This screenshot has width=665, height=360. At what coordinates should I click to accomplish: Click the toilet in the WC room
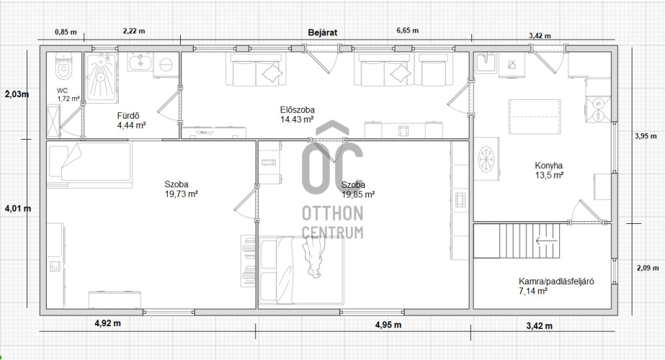64,66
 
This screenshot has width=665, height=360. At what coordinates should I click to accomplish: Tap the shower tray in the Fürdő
101,78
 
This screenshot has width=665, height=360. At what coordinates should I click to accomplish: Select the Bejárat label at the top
323,32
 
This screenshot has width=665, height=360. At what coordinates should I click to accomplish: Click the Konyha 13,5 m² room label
549,171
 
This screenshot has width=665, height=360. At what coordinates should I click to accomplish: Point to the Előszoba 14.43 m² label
297,114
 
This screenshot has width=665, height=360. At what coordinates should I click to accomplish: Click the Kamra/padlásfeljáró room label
556,287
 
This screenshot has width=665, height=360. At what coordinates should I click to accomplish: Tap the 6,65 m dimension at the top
408,30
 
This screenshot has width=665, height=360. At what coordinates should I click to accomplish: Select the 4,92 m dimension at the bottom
107,323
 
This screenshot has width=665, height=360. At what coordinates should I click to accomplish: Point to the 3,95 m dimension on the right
646,136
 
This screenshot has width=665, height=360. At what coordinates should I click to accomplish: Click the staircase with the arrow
517,241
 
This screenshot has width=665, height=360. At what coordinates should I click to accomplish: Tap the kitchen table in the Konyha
535,116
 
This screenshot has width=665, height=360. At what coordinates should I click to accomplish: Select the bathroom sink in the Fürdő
140,62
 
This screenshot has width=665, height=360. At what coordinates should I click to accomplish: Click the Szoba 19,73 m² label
181,189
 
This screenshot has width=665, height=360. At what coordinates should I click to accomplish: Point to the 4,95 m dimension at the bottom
388,325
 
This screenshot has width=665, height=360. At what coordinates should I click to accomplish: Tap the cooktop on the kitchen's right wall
599,109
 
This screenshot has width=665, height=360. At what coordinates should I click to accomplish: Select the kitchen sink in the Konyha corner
486,63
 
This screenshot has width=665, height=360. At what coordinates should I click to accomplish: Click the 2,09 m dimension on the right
648,268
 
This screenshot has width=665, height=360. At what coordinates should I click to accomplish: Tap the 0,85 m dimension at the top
66,32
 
